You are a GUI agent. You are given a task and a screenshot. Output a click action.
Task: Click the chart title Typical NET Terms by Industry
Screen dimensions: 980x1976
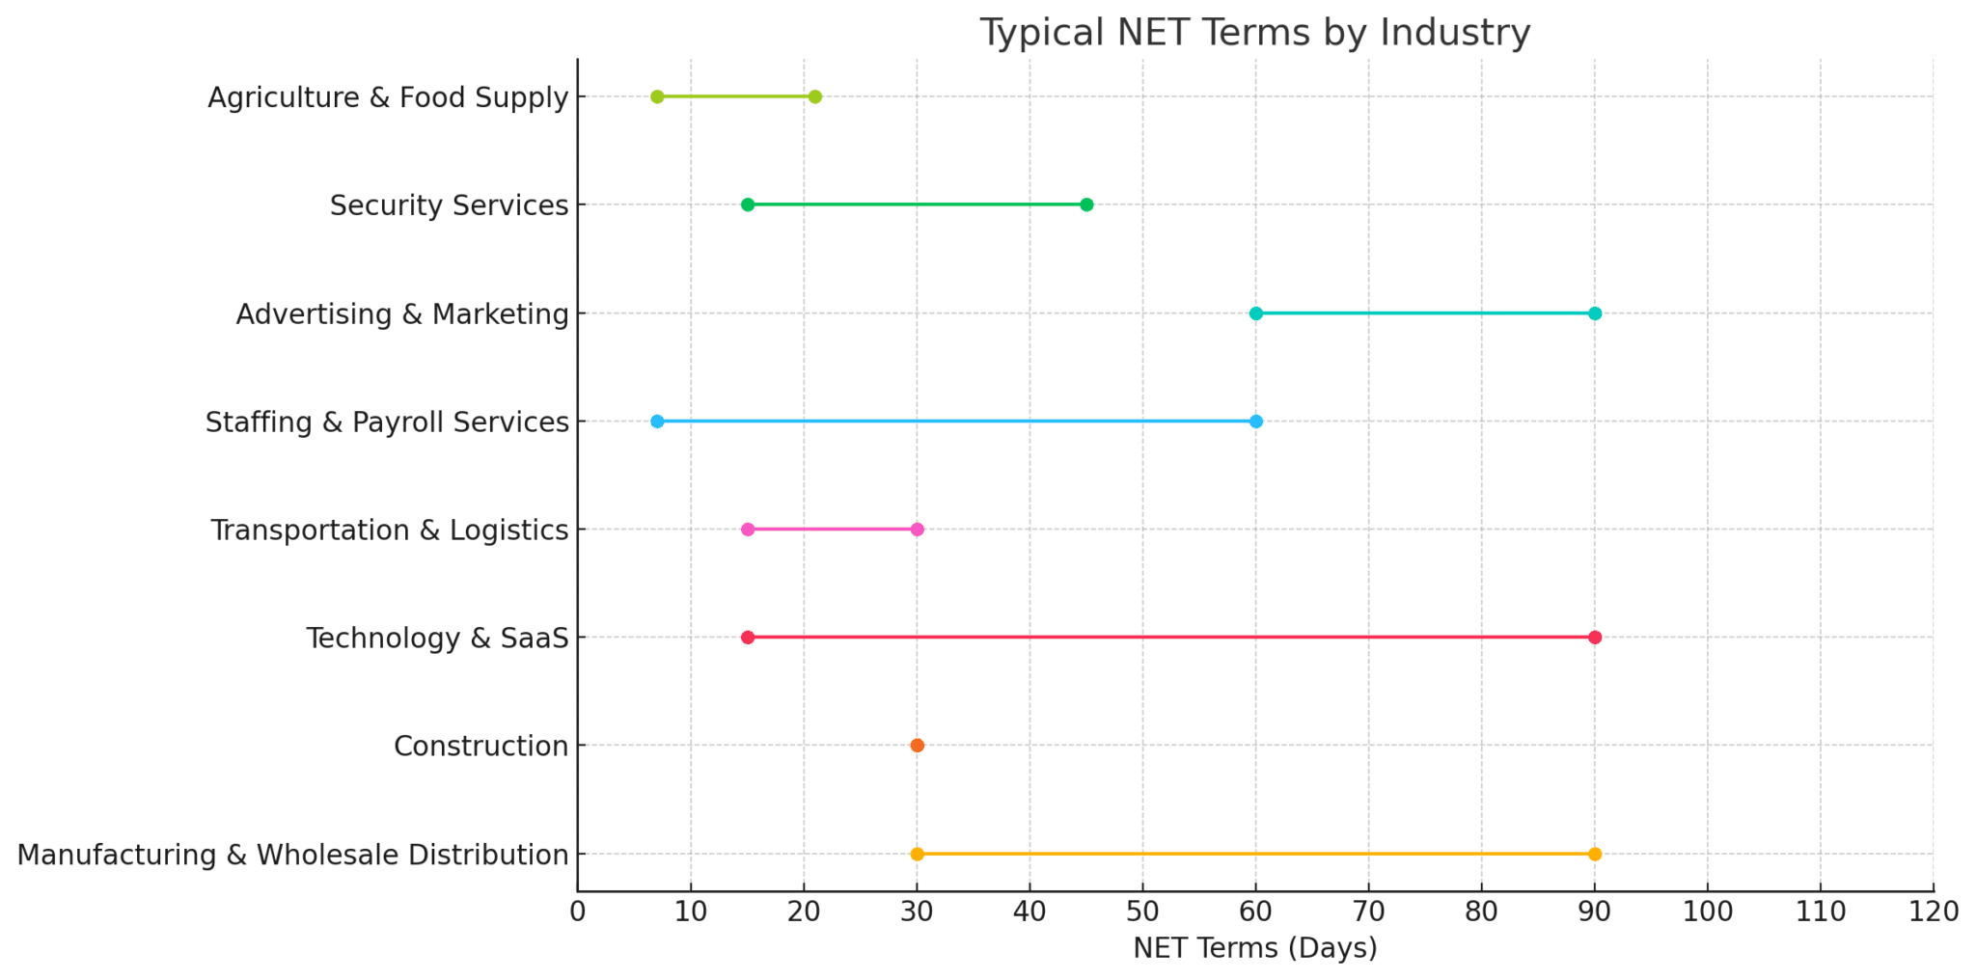pos(1254,33)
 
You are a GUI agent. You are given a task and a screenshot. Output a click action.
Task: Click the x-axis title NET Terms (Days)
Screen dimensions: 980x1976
pos(1254,948)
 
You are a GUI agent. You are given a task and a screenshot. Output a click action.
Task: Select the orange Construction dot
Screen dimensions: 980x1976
pos(917,746)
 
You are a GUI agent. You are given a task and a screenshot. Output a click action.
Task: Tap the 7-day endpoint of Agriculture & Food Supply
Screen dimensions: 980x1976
pos(657,96)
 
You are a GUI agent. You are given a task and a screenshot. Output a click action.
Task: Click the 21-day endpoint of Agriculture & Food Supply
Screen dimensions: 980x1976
pos(815,96)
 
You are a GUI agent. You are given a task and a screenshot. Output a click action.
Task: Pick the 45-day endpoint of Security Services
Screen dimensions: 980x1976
pos(1086,204)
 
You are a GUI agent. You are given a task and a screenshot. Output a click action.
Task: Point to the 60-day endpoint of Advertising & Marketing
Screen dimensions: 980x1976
pos(1255,313)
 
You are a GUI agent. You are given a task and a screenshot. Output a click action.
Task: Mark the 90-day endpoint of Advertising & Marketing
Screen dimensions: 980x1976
pos(1595,313)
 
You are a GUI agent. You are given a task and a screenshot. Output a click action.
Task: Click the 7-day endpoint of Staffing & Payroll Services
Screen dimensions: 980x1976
pos(657,422)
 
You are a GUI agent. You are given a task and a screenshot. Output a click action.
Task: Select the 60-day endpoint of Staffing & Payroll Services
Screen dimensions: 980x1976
pos(1255,422)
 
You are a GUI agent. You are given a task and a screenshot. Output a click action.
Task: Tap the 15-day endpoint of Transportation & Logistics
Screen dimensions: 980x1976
pos(748,530)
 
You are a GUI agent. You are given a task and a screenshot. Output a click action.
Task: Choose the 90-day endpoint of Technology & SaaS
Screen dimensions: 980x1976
pos(1595,638)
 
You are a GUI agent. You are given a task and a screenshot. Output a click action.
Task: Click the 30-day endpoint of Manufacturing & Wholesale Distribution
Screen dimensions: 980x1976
pos(917,855)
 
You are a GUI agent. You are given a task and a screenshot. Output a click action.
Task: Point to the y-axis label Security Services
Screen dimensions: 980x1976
pos(449,205)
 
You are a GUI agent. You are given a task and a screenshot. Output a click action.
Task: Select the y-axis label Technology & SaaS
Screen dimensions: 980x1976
pos(437,639)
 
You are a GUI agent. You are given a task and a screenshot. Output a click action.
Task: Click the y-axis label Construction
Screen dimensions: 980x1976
pos(480,747)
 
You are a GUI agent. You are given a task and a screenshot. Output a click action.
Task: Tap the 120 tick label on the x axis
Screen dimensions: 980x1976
pos(1934,912)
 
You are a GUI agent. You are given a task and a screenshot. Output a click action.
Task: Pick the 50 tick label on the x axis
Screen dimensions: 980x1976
pos(1142,912)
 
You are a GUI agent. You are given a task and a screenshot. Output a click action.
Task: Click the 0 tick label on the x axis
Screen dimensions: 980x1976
pos(578,912)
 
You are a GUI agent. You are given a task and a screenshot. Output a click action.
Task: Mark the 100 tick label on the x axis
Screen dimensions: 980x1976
pos(1708,912)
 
